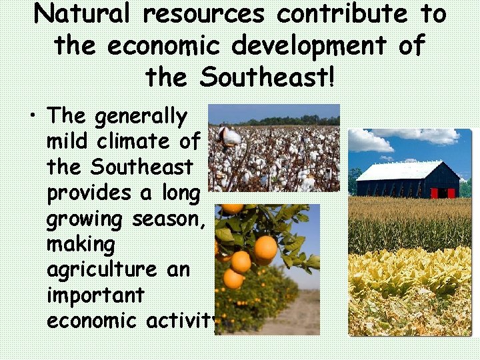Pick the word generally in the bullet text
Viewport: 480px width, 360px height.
point(141,117)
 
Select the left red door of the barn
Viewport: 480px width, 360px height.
point(435,193)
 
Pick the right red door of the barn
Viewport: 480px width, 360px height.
point(451,193)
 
